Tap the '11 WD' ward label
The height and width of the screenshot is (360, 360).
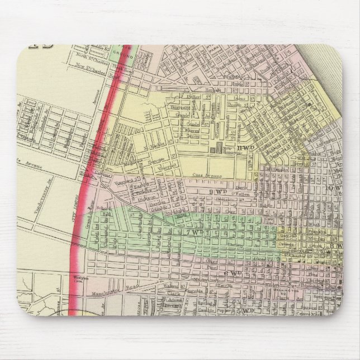pyautogui.click(x=245, y=148)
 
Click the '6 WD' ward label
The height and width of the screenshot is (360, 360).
pyautogui.click(x=233, y=273)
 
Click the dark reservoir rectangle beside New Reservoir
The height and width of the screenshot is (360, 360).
pyautogui.click(x=215, y=149)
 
